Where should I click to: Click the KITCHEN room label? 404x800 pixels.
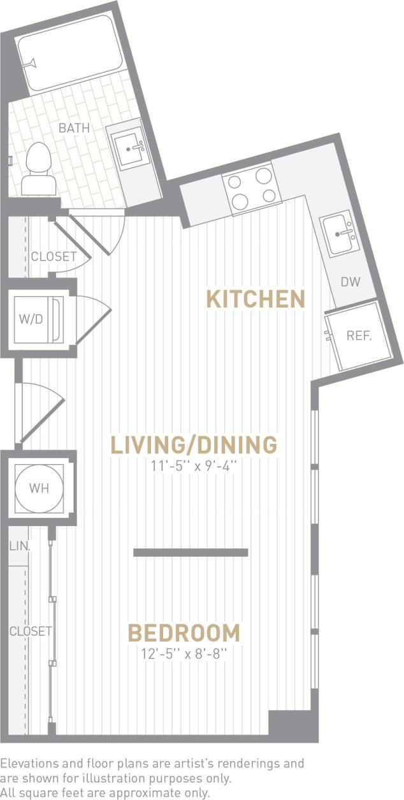[x=256, y=299]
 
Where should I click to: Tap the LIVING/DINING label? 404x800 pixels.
[x=194, y=445]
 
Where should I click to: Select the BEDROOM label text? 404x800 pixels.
[x=184, y=633]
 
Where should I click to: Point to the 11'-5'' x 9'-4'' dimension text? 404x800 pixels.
[x=194, y=466]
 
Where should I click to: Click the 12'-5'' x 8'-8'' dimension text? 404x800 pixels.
[x=184, y=653]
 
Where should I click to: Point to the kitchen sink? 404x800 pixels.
[x=339, y=233]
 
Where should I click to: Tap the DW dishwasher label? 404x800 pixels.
[x=350, y=282]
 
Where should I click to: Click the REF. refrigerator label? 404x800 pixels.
[x=359, y=336]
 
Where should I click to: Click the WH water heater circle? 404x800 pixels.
[x=39, y=489]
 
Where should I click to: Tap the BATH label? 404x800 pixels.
[x=74, y=128]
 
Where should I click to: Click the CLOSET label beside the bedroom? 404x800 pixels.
[x=30, y=631]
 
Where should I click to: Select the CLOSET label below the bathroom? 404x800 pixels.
[x=54, y=257]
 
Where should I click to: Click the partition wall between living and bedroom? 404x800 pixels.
[x=191, y=552]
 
